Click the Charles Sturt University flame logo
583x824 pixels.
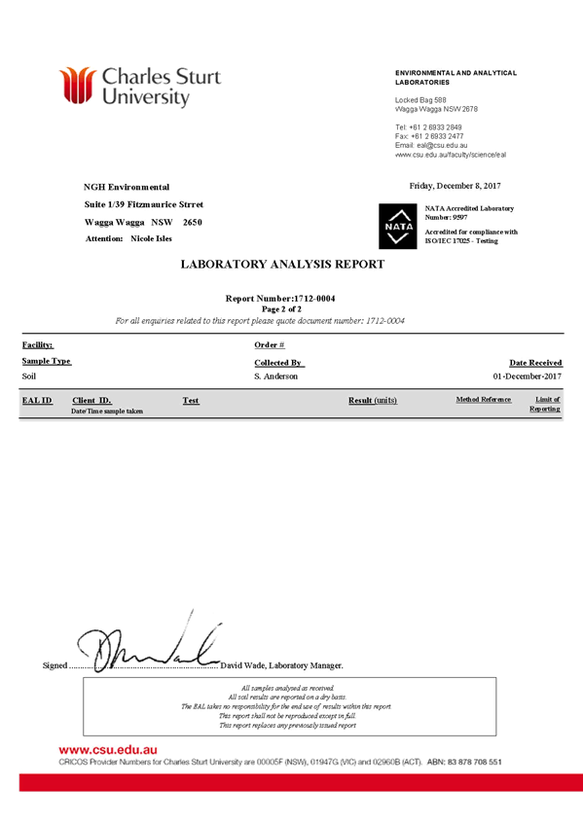77,86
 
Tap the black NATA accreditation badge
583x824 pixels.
398,226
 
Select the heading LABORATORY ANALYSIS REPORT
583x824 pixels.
283,264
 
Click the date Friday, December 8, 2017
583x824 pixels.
455,186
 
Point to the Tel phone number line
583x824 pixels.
428,127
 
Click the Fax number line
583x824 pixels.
429,136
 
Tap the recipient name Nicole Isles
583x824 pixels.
152,238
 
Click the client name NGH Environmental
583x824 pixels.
127,187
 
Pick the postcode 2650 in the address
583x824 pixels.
193,222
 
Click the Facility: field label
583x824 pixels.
38,344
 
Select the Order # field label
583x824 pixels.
270,344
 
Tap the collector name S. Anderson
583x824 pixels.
276,376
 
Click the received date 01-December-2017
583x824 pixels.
528,376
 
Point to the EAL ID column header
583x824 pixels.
37,401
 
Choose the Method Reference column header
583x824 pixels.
484,400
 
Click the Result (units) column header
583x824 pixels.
373,401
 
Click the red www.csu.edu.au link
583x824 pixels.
108,750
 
